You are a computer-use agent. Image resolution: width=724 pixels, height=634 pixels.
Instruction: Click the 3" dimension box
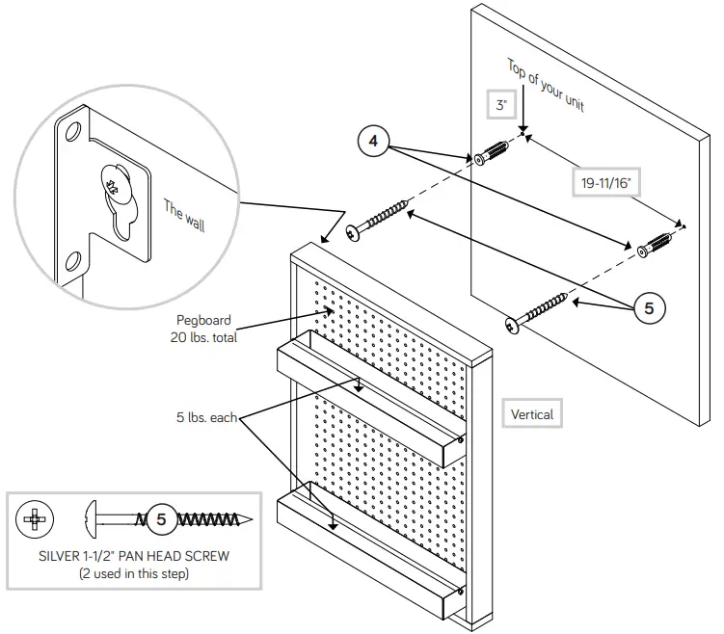(501, 106)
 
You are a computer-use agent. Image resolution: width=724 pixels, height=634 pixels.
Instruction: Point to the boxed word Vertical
(532, 414)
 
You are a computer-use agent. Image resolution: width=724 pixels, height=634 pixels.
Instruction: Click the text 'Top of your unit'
(546, 86)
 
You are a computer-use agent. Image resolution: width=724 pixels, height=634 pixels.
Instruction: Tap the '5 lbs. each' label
(205, 418)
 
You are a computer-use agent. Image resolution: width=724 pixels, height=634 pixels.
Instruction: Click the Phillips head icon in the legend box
(35, 519)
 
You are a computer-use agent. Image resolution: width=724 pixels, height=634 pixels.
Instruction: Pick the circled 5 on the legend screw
(161, 520)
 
